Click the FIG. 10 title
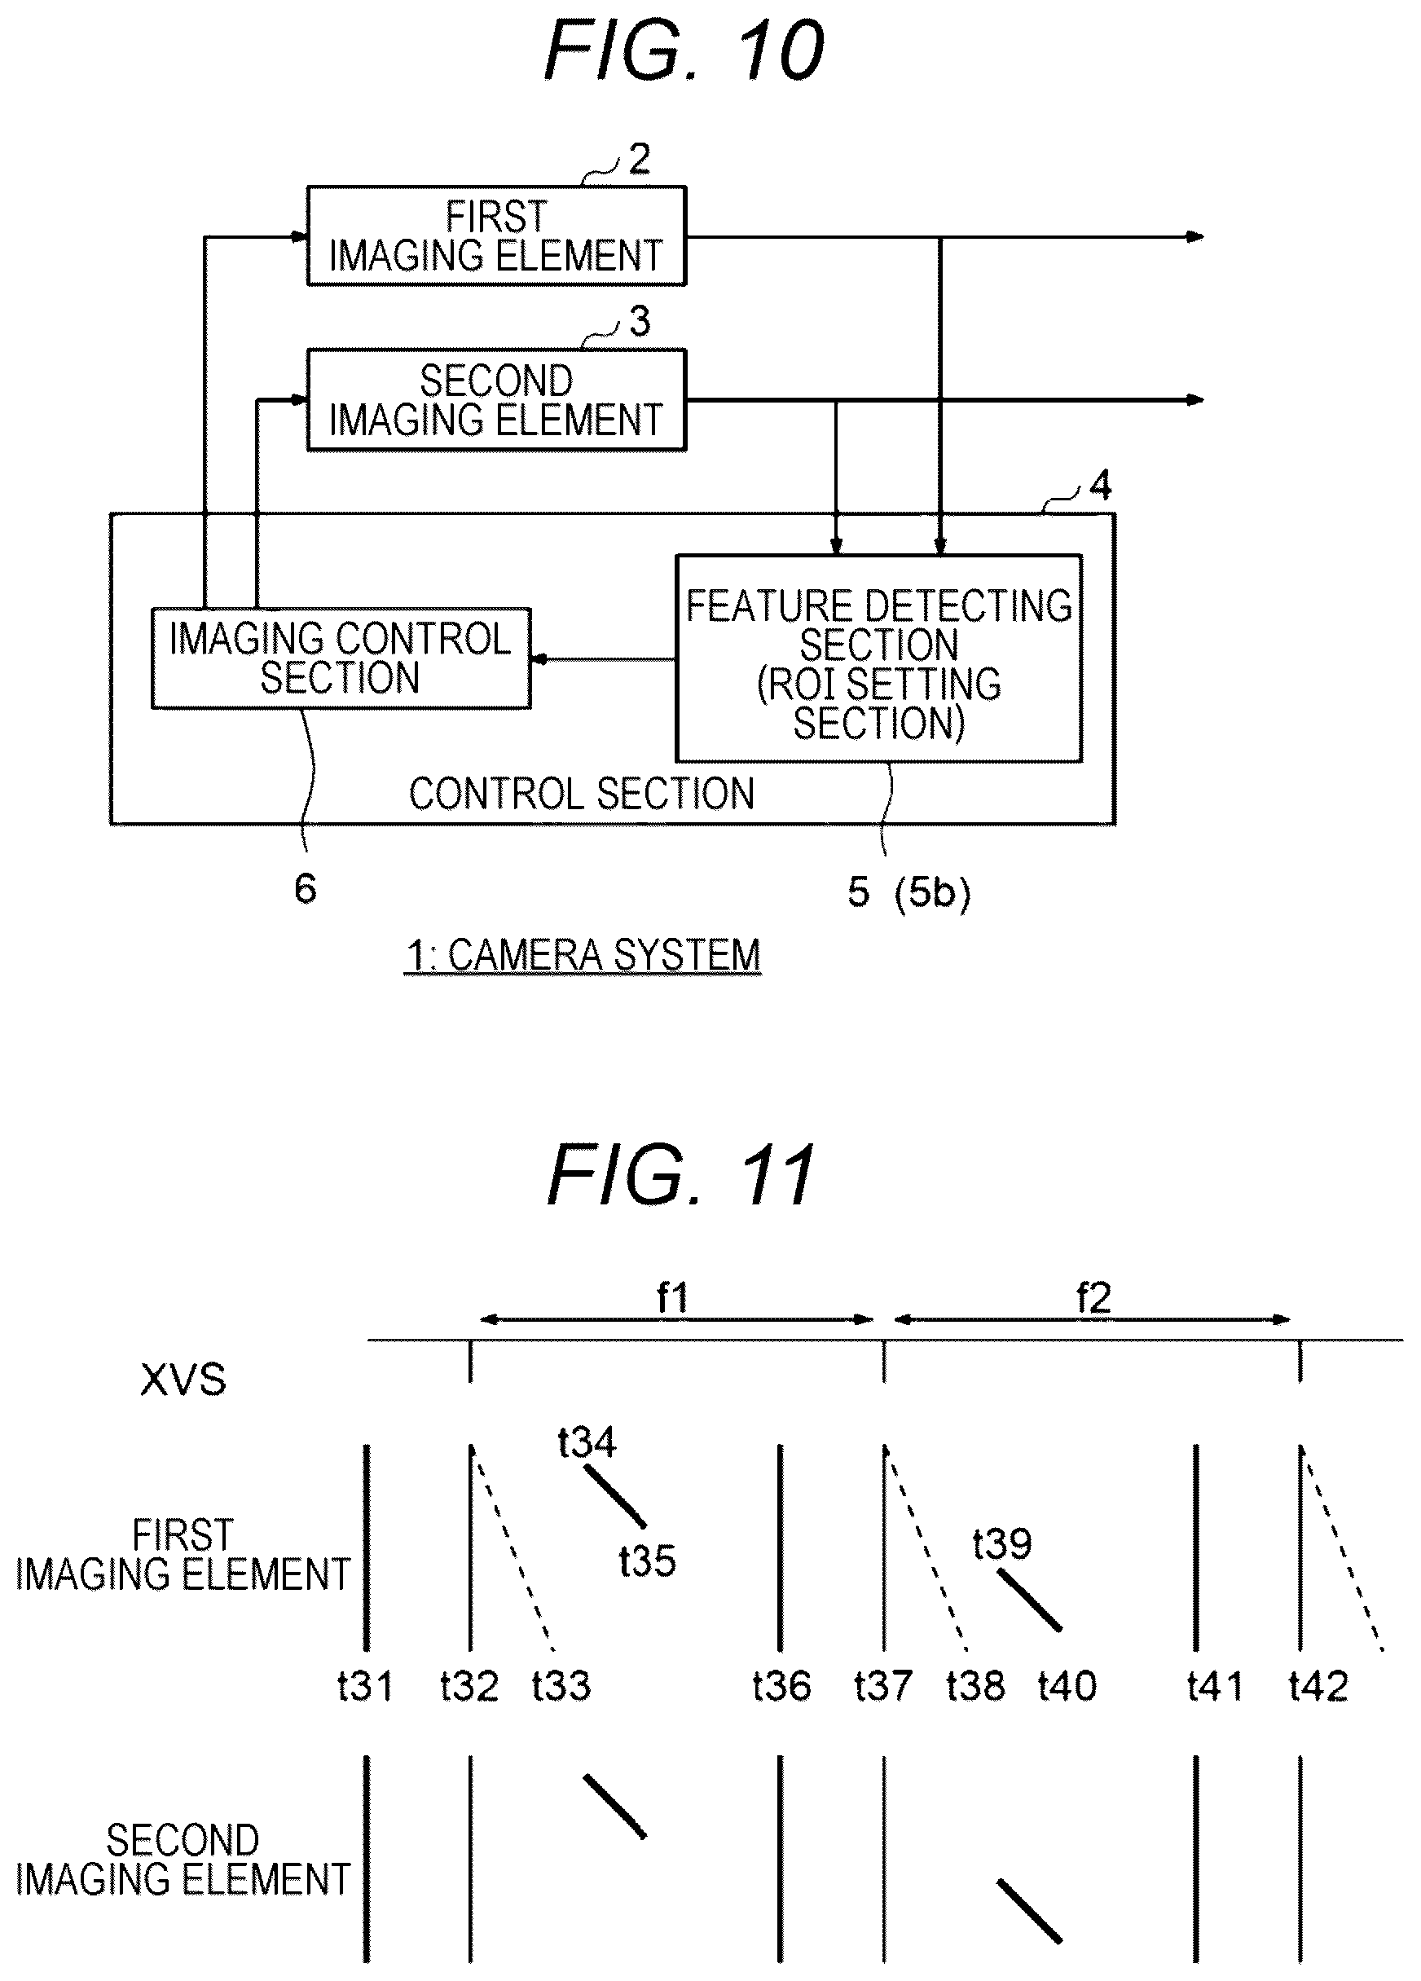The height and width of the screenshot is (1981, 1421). point(684,51)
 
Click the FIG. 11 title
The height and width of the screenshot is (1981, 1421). point(682,1175)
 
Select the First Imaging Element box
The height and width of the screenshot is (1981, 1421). point(496,236)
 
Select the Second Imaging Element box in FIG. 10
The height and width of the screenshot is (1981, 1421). point(496,400)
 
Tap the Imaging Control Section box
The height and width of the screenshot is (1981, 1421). point(341,658)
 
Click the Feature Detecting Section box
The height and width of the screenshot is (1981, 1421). point(879,658)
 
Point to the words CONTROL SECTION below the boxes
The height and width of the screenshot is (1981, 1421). point(582,794)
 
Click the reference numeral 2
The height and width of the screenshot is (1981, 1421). point(640,159)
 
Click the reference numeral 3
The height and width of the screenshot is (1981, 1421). point(640,321)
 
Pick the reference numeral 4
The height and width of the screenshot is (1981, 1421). point(1101,485)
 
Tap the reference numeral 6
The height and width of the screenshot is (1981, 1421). point(305,889)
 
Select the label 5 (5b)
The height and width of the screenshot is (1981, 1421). point(908,892)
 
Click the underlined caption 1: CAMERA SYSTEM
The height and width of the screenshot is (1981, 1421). point(583,955)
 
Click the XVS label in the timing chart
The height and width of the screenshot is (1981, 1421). point(183,1380)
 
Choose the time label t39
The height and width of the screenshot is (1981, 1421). point(1003,1543)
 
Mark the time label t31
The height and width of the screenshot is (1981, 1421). point(365,1686)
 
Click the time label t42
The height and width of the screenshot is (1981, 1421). point(1318,1686)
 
